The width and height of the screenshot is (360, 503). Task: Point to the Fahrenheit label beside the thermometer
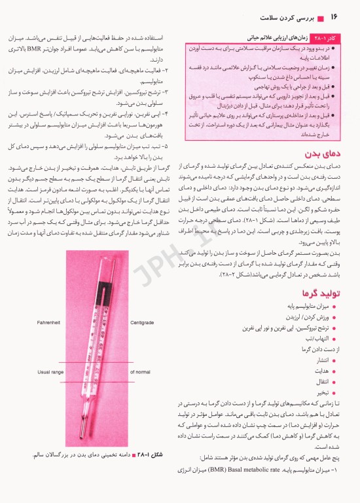pyautogui.click(x=50, y=304)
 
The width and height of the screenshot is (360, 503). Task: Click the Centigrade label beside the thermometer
pyautogui.click(x=143, y=304)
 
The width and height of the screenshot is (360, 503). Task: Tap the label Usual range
pyautogui.click(x=50, y=372)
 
